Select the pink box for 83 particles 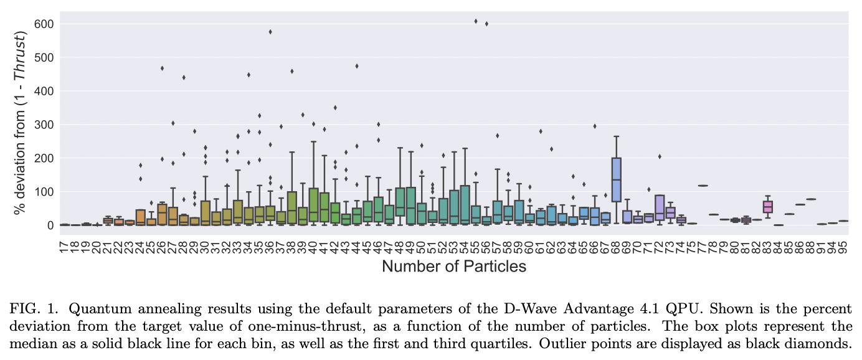coord(767,206)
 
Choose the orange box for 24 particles coord(140,217)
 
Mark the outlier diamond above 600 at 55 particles coord(475,21)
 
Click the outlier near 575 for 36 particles coord(270,32)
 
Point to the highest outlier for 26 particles coord(162,68)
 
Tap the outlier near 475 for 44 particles coord(357,66)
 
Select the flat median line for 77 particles coord(703,186)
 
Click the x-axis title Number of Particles coord(454,267)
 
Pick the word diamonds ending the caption coord(823,343)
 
